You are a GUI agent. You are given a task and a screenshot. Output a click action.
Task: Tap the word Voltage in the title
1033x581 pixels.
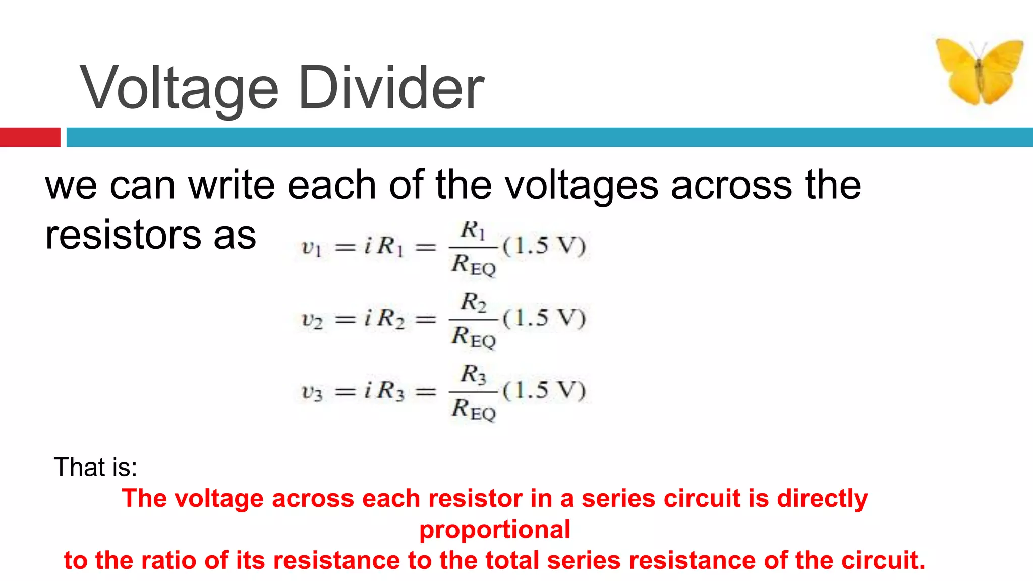(179, 89)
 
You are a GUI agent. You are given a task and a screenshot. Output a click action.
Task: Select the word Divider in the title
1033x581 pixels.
(391, 88)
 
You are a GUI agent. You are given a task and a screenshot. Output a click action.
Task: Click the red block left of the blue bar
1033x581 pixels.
(30, 137)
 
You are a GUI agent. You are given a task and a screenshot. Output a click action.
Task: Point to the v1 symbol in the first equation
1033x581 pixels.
(311, 248)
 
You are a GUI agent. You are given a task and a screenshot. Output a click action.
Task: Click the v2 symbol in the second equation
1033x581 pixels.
(312, 320)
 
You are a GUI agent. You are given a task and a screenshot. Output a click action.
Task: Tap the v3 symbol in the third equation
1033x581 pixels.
(312, 392)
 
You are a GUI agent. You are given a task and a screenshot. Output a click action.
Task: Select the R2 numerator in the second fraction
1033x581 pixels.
(473, 303)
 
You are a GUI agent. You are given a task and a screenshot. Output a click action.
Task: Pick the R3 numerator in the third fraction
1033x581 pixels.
(473, 375)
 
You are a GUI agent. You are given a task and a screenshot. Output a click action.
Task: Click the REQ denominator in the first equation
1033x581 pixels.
(474, 265)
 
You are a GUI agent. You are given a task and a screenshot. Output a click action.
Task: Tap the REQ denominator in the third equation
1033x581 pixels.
(474, 410)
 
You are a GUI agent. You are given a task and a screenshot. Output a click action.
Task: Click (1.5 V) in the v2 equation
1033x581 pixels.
(544, 318)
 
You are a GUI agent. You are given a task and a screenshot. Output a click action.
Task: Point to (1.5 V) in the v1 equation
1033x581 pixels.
(544, 246)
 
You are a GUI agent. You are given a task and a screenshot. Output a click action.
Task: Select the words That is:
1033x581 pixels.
(95, 467)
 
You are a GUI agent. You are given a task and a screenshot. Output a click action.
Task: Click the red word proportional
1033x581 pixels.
(495, 530)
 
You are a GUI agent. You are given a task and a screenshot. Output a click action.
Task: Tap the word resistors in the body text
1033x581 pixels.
(123, 236)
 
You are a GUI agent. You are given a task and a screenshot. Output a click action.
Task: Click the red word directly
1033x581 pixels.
(822, 499)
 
